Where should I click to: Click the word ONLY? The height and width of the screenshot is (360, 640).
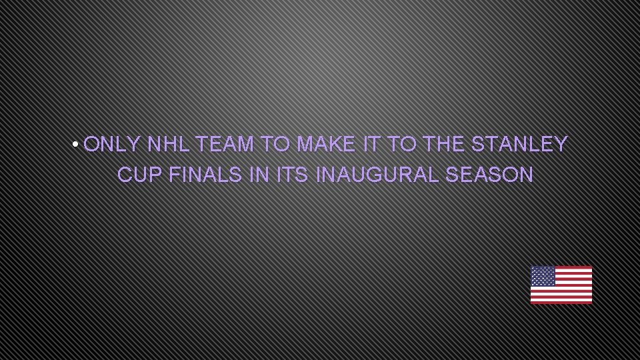[x=112, y=144]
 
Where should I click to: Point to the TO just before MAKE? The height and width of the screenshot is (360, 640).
[x=275, y=144]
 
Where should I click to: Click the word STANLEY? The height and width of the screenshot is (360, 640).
[x=519, y=144]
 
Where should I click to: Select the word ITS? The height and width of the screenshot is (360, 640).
[x=292, y=175]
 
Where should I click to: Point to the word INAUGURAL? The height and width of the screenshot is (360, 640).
[x=377, y=175]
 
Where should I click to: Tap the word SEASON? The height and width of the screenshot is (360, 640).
[x=489, y=175]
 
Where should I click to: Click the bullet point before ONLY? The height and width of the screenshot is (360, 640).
[x=77, y=145]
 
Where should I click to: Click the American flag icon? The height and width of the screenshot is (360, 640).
[x=561, y=285]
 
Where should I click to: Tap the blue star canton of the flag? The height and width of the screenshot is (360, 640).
[x=543, y=276]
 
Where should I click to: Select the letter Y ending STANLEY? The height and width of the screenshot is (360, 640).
[x=560, y=144]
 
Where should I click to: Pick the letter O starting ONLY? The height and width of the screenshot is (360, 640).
[x=92, y=144]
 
